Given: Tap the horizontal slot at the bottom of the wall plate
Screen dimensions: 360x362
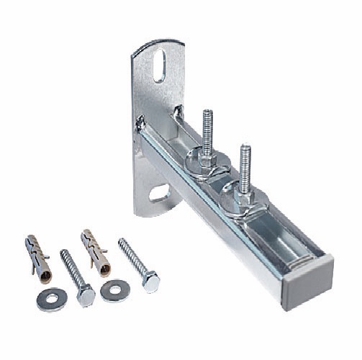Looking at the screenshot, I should [159, 192].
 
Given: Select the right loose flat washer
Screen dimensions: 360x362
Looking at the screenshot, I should [115, 290].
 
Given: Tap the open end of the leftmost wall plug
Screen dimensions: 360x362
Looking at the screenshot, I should [47, 272].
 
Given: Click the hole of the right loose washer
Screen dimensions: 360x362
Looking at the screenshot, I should [115, 290].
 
